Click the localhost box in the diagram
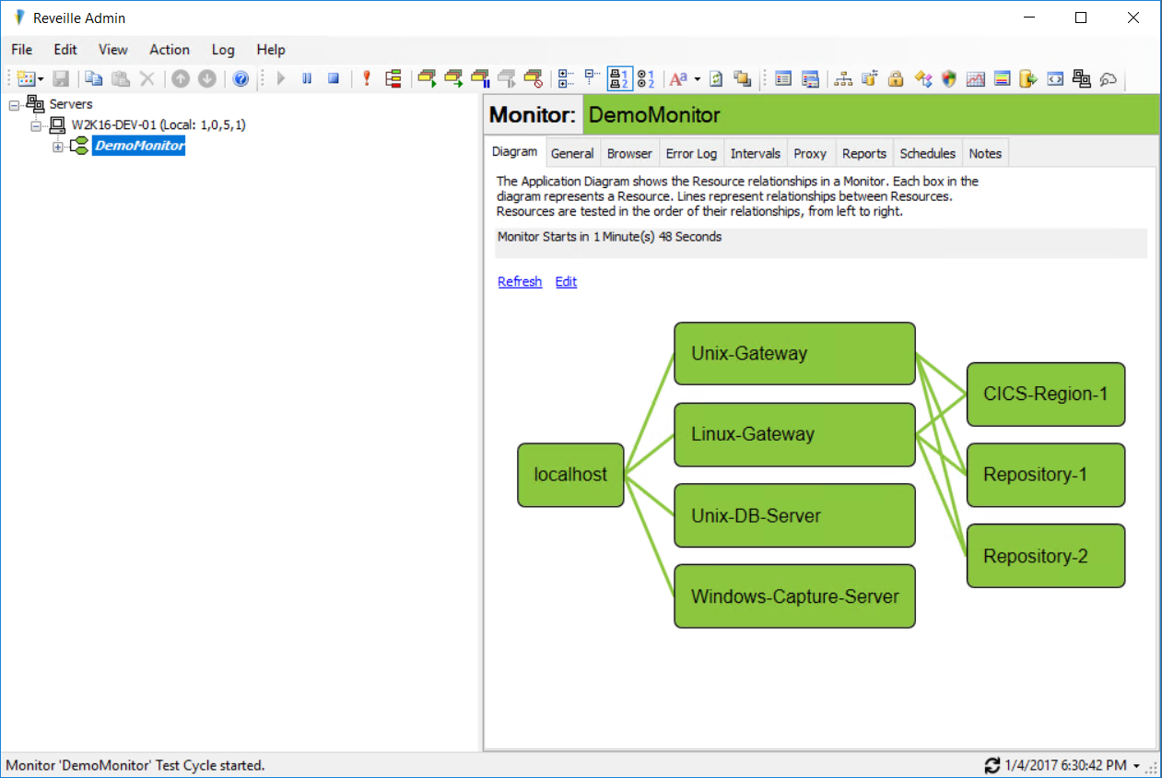tap(570, 475)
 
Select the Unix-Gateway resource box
tap(794, 353)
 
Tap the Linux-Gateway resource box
tap(794, 434)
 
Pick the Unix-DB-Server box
tap(794, 515)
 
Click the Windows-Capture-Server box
tap(794, 596)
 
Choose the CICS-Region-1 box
tap(1046, 395)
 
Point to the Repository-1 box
tap(1046, 475)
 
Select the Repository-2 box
tap(1046, 556)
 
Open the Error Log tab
tap(691, 154)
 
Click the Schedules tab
tap(928, 154)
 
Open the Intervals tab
tap(756, 154)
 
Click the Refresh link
tap(520, 282)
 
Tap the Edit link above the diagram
tap(566, 282)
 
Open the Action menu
tap(170, 50)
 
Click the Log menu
tap(223, 50)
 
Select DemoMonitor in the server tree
tap(139, 146)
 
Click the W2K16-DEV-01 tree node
tap(158, 125)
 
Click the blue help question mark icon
tap(241, 79)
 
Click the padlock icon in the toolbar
tap(896, 79)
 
